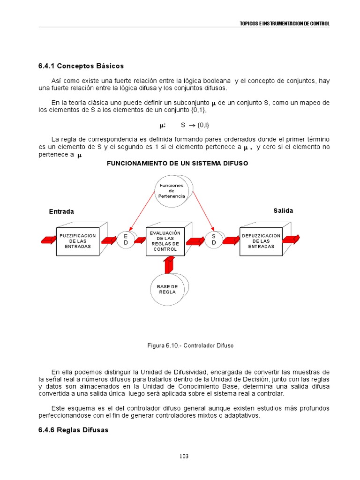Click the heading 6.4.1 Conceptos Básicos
pyautogui.click(x=81, y=66)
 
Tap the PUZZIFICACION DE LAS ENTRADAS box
pyautogui.click(x=78, y=241)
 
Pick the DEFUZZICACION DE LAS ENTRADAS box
pyautogui.click(x=261, y=241)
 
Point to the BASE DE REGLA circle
pyautogui.click(x=167, y=289)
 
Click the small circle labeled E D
pyautogui.click(x=126, y=240)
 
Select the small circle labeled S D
pyautogui.click(x=214, y=240)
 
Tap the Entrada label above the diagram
pyautogui.click(x=61, y=211)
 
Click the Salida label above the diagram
pyautogui.click(x=283, y=211)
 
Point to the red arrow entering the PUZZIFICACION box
pyautogui.click(x=49, y=240)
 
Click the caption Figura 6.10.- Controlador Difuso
pyautogui.click(x=190, y=345)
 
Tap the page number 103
pyautogui.click(x=184, y=456)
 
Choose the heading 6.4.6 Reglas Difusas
pyautogui.click(x=73, y=430)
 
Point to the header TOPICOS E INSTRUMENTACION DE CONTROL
pyautogui.click(x=285, y=23)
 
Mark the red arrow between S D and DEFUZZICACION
pyautogui.click(x=231, y=240)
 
